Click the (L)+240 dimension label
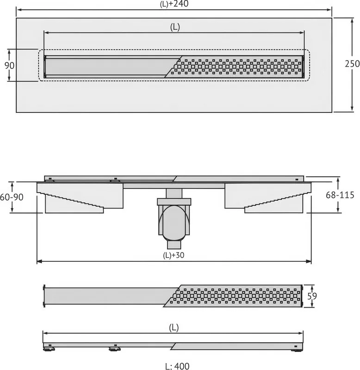(x=174, y=4)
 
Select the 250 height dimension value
(x=352, y=64)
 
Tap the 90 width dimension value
(x=9, y=65)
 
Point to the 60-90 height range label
(x=12, y=197)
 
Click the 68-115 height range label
(x=340, y=195)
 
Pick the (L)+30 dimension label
(x=174, y=255)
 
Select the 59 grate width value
(x=312, y=296)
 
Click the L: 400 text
(x=177, y=366)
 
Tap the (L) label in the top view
(x=175, y=27)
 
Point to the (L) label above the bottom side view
(x=174, y=327)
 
